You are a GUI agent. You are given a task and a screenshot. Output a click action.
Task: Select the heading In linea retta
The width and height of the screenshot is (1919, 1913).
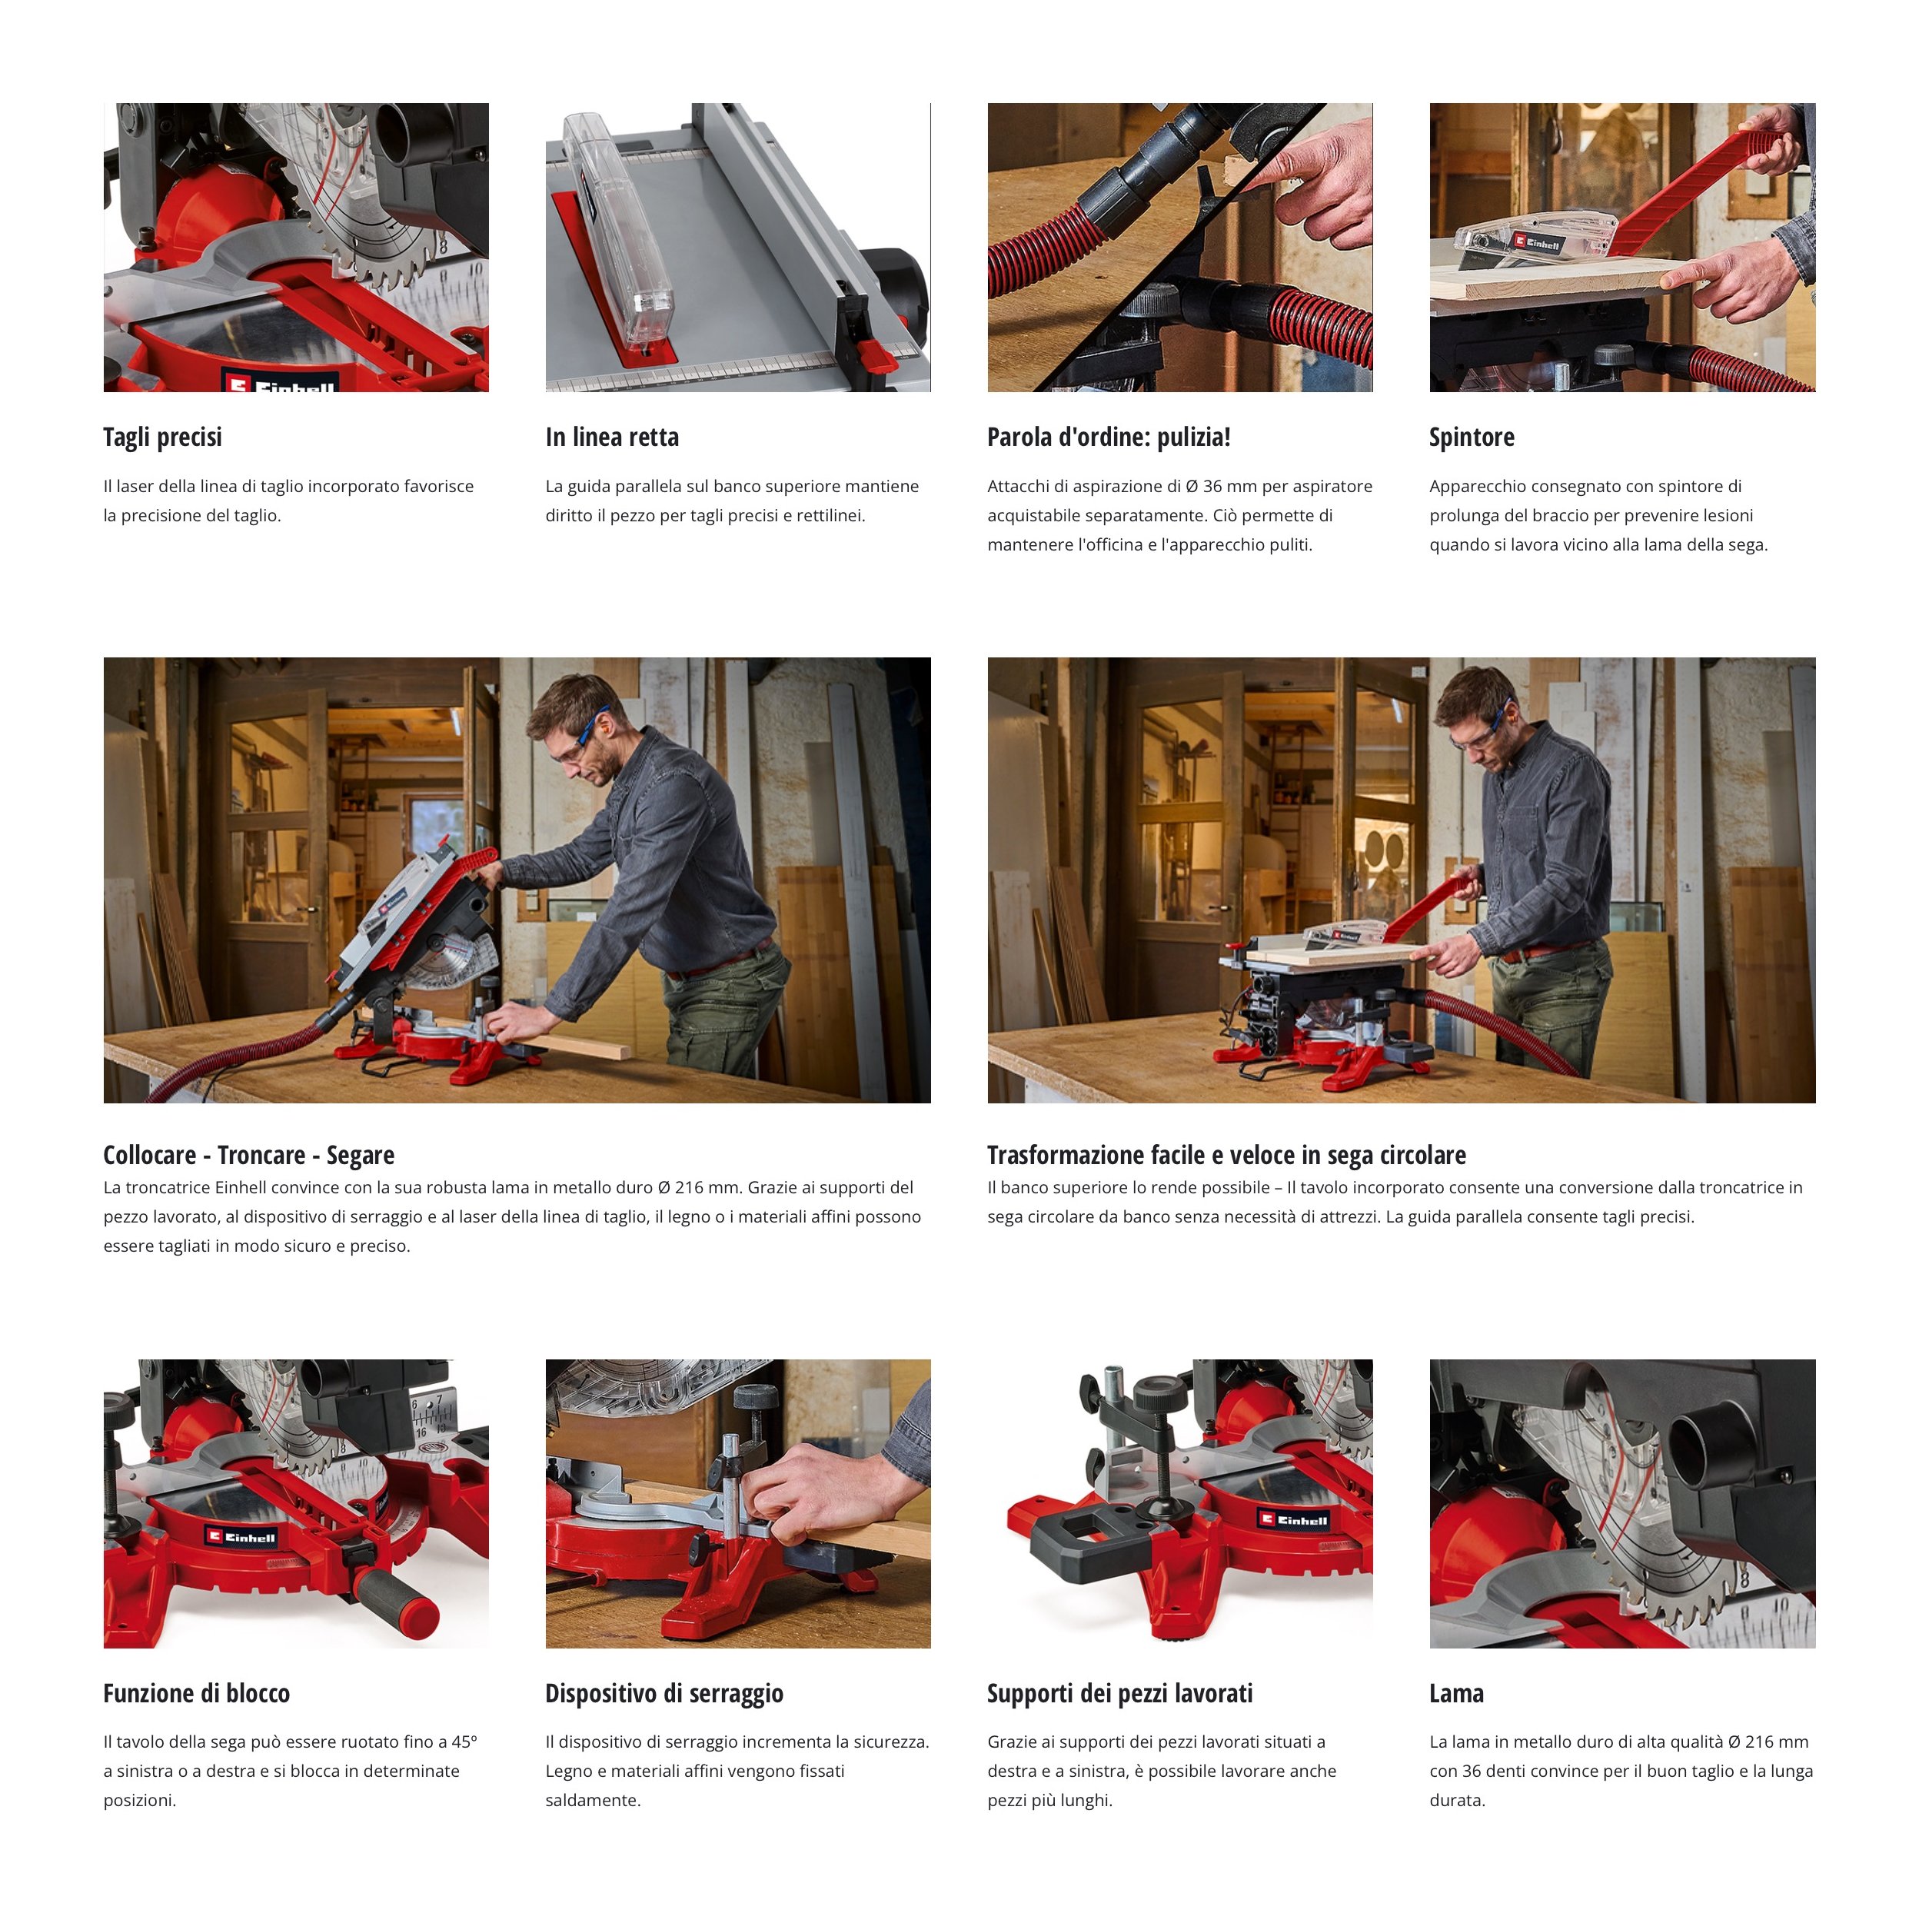coord(612,437)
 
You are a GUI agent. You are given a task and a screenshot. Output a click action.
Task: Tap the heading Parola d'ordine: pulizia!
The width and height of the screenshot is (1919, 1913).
coord(1109,437)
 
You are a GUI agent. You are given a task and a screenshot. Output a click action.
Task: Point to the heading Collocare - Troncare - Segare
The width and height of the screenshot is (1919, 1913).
coord(248,1155)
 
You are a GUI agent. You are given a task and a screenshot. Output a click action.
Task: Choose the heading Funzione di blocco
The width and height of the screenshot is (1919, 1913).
coord(197,1694)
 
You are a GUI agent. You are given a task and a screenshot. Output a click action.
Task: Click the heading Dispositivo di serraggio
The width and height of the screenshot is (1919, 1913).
coord(664,1694)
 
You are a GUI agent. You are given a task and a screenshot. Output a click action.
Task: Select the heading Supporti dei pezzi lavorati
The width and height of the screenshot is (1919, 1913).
coord(1119,1694)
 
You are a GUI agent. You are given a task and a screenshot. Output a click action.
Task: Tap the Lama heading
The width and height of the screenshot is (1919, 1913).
coord(1456,1694)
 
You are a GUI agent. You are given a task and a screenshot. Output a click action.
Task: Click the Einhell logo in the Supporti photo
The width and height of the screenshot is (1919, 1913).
coord(1293,1519)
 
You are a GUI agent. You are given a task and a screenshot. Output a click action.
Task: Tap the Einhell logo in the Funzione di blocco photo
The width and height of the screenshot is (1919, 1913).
coord(241,1538)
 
